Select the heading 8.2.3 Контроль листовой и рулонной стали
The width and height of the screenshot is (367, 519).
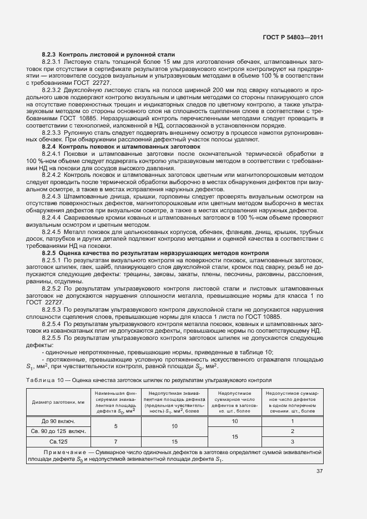(108, 54)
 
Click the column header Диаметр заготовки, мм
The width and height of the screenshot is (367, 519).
(58, 403)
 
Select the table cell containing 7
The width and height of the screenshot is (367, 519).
(114, 441)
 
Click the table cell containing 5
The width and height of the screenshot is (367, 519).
(114, 426)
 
